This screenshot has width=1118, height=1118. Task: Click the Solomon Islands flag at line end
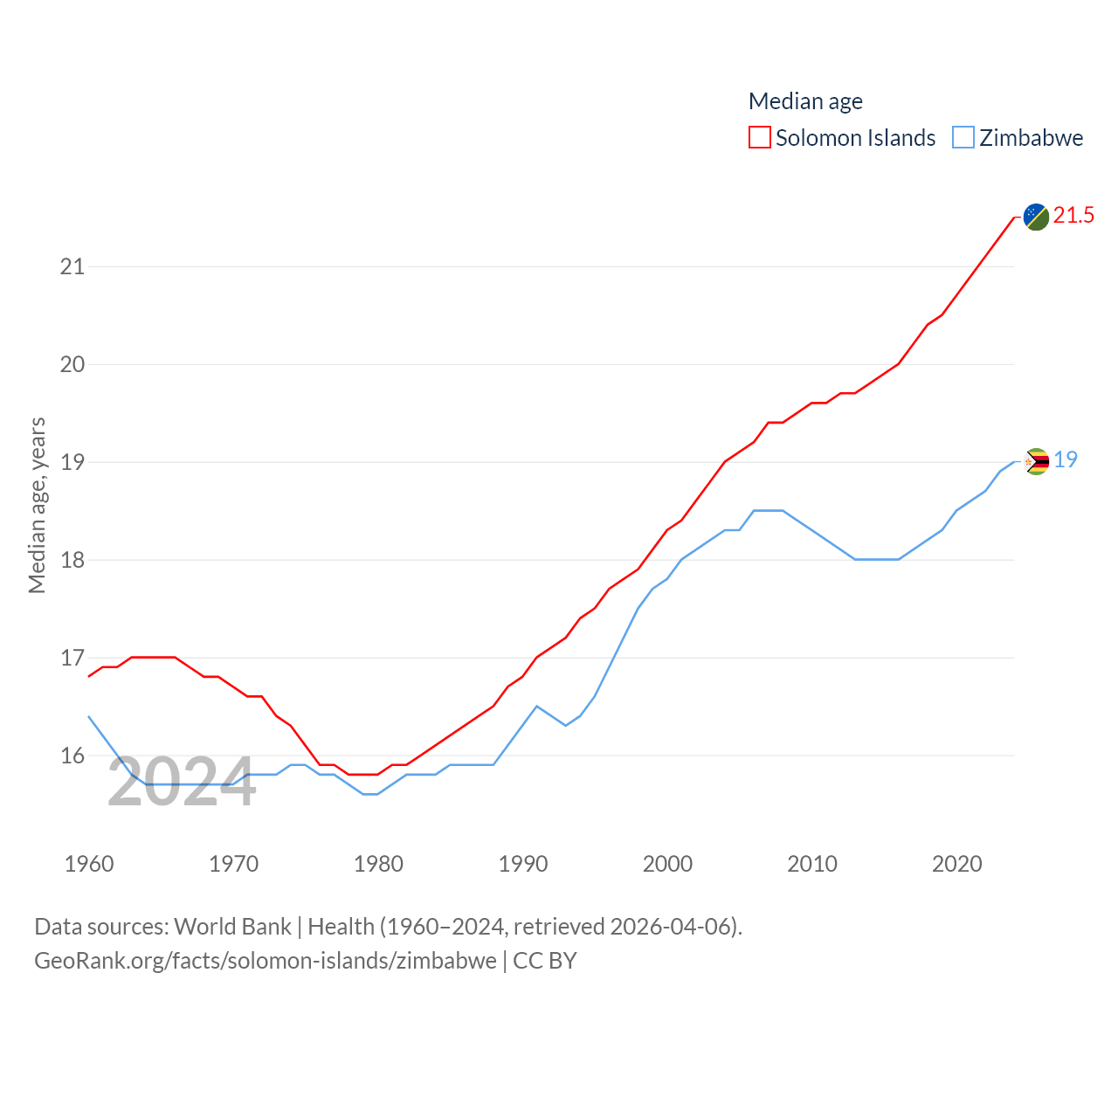(1036, 217)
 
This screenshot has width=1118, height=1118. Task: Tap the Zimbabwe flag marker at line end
(1036, 461)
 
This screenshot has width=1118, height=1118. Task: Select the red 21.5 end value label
(1073, 215)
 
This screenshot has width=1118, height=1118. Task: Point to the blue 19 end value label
(1066, 459)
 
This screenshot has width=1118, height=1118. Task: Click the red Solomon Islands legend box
(760, 138)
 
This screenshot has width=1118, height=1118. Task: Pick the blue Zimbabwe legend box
(963, 138)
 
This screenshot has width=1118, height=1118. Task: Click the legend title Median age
(805, 101)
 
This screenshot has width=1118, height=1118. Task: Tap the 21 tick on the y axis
(72, 266)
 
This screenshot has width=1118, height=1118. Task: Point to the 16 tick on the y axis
(72, 756)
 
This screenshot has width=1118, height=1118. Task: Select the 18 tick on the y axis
(72, 560)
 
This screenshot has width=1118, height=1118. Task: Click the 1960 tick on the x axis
(89, 864)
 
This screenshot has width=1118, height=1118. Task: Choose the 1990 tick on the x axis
(523, 864)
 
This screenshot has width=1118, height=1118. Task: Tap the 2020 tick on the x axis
(957, 864)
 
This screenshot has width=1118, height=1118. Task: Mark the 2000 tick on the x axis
(667, 864)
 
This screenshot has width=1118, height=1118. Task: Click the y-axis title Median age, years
(37, 505)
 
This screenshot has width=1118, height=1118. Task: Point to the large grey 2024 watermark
(182, 783)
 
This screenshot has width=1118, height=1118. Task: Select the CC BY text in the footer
(545, 961)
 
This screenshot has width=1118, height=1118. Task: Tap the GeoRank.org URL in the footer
(266, 961)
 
